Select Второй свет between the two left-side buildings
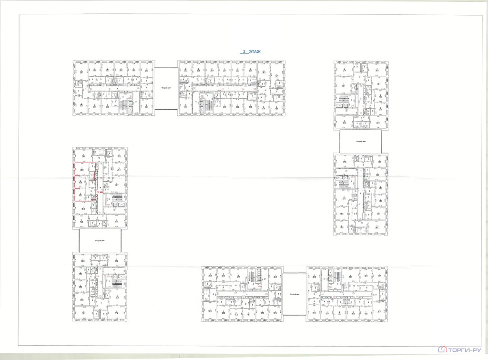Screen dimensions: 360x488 click(100, 241)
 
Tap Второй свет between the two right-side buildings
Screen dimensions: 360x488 click(361, 142)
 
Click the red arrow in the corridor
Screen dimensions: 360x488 click(100, 190)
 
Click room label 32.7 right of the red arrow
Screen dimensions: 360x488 click(116, 185)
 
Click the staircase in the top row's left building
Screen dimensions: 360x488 click(127, 104)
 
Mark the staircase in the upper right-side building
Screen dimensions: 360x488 click(341, 101)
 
